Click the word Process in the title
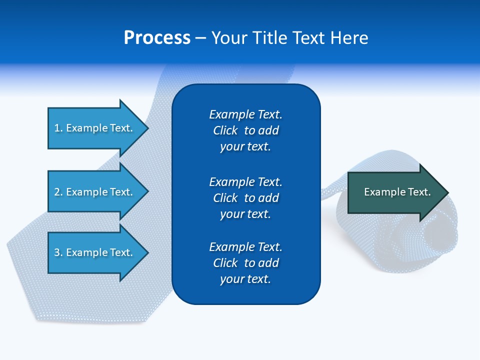tap(157, 38)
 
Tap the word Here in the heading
tap(349, 38)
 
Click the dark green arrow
tap(395, 192)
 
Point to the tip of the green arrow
tap(447, 192)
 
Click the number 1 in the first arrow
tap(57, 128)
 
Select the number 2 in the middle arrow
tap(57, 192)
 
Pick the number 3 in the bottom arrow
tap(57, 252)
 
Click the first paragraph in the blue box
tap(245, 130)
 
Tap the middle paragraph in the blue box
tap(245, 197)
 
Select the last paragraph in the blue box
tap(245, 262)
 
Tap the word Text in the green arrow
tap(419, 192)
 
